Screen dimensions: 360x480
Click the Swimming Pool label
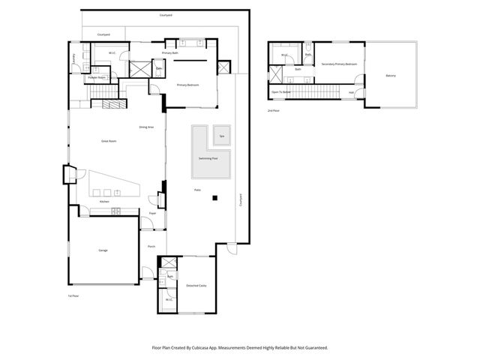208,159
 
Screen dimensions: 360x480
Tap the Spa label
221,136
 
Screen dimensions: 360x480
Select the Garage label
103,250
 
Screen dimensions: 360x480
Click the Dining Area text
146,127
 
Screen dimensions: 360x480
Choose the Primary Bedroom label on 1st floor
187,85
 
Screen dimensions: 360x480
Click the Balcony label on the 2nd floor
391,76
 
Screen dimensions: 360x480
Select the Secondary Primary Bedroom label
338,64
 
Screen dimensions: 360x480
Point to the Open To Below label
280,92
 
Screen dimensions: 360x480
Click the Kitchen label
105,202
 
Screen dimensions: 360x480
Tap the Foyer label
152,214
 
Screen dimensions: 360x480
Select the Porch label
151,246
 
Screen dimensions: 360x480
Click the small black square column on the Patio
214,199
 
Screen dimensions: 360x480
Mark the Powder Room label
97,77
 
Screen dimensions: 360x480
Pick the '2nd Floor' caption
273,110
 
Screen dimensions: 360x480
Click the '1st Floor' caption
73,295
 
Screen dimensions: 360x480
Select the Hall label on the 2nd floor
351,92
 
